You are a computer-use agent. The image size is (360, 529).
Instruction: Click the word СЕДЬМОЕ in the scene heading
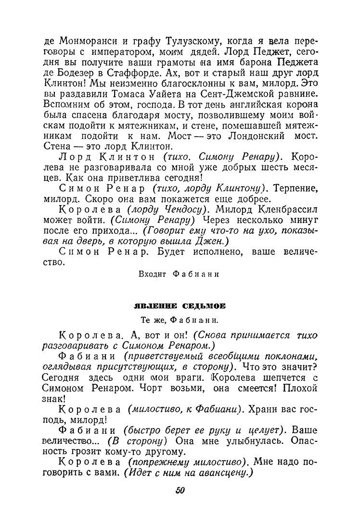pyautogui.click(x=200, y=305)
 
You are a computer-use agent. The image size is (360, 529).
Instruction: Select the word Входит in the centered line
pyautogui.click(x=152, y=274)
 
